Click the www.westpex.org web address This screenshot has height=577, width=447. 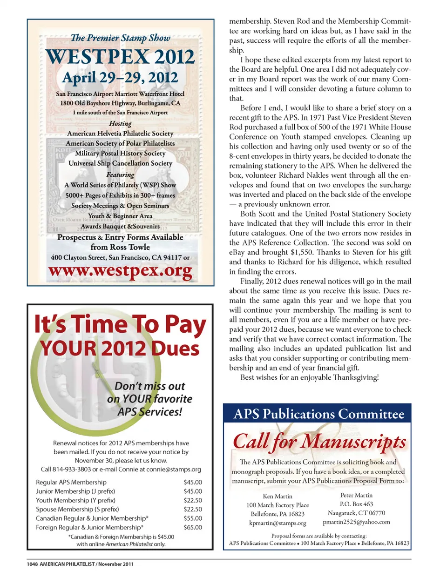(x=120, y=271)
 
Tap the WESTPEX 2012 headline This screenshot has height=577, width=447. (x=120, y=57)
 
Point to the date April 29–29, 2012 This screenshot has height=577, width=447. (x=120, y=78)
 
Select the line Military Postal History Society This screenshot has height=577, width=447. (x=120, y=153)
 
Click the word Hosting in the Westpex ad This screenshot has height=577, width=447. (x=120, y=123)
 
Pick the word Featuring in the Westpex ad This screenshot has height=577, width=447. (x=120, y=174)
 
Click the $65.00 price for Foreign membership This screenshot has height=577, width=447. (x=193, y=527)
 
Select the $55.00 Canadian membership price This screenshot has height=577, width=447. (x=193, y=518)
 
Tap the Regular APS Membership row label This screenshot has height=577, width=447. (x=71, y=482)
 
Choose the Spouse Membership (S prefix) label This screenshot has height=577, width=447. (x=77, y=509)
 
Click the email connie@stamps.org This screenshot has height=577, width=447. (x=174, y=469)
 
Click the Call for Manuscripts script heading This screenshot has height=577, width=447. (x=319, y=441)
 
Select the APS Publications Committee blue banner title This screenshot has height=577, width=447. (x=319, y=414)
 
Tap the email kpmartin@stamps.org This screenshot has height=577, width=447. (x=278, y=523)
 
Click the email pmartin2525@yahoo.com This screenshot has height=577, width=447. (x=356, y=522)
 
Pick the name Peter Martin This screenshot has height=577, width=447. (x=356, y=495)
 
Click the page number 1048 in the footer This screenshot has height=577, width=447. (x=32, y=564)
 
